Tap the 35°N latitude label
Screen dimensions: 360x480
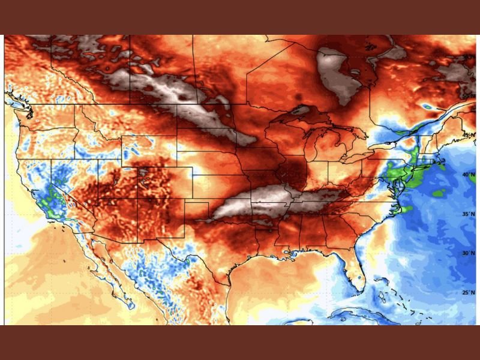point(469,214)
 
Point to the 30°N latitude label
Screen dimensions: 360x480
point(469,254)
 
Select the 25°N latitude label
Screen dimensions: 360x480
point(469,293)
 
